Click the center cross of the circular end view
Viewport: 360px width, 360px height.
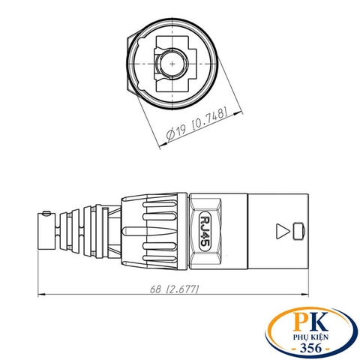pyautogui.click(x=173, y=65)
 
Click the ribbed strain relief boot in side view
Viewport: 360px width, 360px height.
pyautogui.click(x=82, y=229)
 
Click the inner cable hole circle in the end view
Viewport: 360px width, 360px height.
pyautogui.click(x=173, y=65)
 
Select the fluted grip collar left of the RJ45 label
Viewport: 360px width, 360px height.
pyautogui.click(x=154, y=229)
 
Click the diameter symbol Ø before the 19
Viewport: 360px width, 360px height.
pyautogui.click(x=170, y=134)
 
